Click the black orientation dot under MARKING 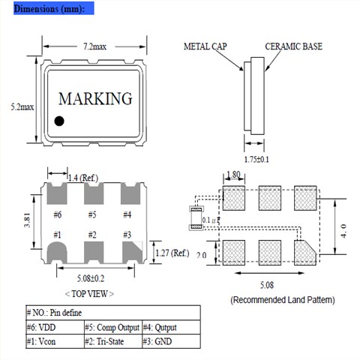tap(59, 121)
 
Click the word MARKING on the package tap(95, 98)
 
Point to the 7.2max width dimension tap(94, 46)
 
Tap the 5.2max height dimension tap(22, 107)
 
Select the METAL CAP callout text tap(205, 46)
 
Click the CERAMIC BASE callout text tap(294, 46)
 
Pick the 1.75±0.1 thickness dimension tap(256, 159)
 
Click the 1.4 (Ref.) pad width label tap(83, 178)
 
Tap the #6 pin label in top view tap(58, 214)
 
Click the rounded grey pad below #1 tap(57, 253)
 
